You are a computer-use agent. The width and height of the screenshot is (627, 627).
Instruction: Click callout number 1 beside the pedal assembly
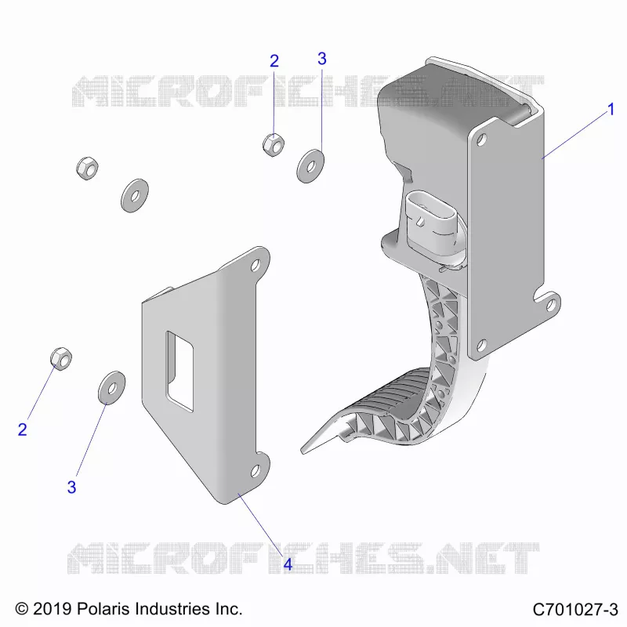(611, 109)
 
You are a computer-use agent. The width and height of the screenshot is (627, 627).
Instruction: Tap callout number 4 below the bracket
(288, 564)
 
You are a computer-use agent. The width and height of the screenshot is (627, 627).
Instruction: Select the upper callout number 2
(274, 61)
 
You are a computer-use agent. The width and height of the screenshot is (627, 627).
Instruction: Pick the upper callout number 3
(322, 59)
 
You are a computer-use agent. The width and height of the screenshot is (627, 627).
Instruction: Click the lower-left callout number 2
(23, 429)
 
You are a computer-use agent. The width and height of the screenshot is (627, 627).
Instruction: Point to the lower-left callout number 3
(71, 487)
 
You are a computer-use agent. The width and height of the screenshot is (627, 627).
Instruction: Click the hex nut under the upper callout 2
(274, 145)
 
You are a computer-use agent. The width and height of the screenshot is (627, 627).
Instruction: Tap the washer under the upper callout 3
(310, 166)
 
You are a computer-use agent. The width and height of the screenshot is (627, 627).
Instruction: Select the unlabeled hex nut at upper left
(87, 169)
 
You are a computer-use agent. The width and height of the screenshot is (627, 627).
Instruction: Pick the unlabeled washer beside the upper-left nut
(135, 195)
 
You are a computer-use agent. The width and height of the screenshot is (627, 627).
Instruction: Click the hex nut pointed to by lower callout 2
(61, 359)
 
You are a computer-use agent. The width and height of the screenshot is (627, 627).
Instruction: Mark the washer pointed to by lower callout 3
(111, 387)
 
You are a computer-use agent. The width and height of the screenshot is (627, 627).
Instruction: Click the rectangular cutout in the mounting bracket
(180, 371)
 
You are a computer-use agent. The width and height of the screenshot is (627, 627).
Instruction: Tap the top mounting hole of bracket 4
(256, 265)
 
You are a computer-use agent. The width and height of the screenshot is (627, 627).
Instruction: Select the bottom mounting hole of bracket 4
(256, 472)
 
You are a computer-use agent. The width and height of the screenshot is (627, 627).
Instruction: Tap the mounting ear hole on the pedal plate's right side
(551, 305)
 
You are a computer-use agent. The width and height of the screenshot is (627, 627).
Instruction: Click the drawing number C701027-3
(575, 610)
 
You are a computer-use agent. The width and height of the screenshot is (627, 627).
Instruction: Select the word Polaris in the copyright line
(103, 609)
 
